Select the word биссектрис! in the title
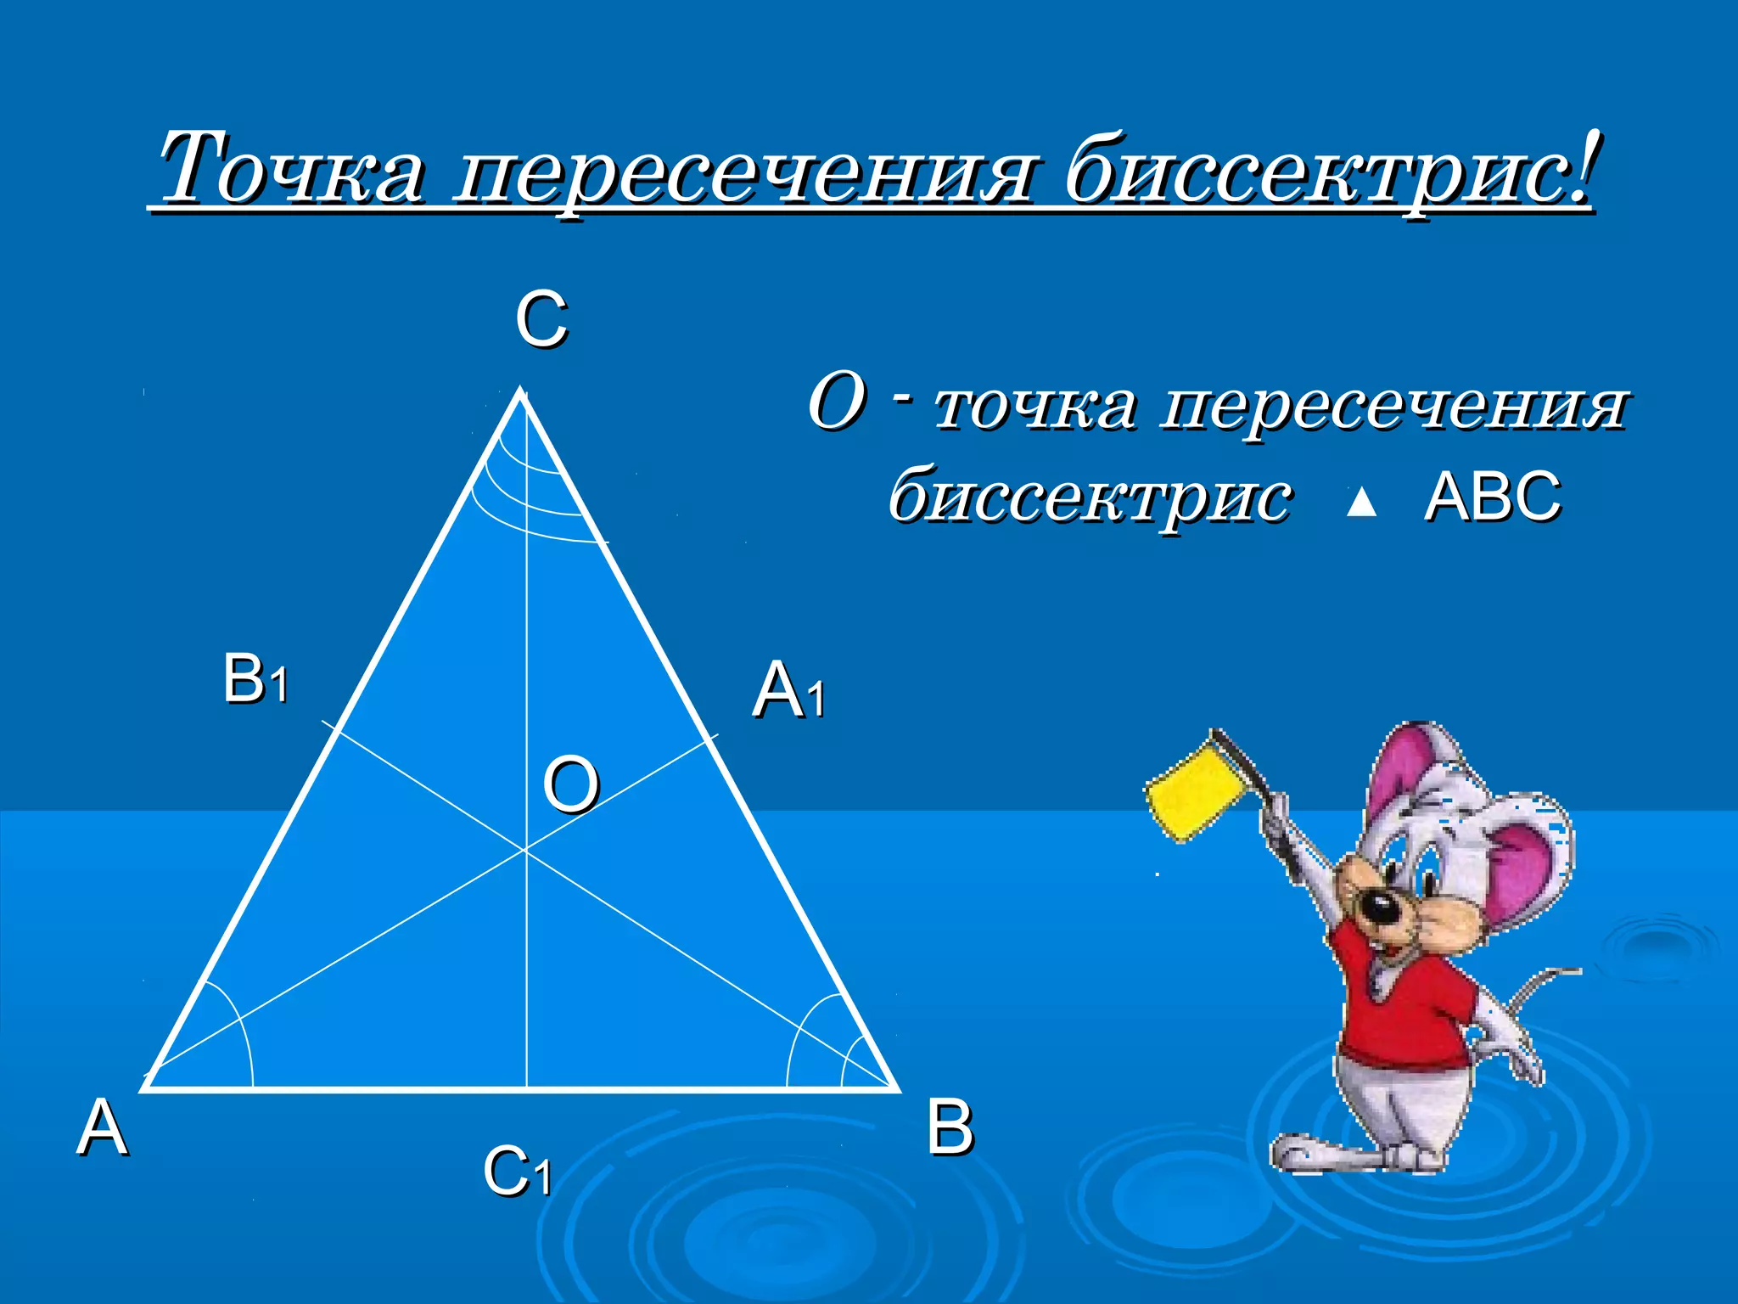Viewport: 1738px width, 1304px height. (x=1329, y=170)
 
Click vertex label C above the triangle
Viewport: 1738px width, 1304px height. (x=541, y=319)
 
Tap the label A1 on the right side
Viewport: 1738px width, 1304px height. (x=788, y=691)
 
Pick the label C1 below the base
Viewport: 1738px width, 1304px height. (x=517, y=1172)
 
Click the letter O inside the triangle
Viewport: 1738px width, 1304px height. (x=571, y=785)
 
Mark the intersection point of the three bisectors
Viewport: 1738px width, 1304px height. (x=526, y=848)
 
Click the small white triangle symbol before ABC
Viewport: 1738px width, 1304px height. (x=1361, y=503)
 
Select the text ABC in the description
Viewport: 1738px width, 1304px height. (x=1493, y=496)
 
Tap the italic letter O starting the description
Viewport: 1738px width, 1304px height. (x=837, y=402)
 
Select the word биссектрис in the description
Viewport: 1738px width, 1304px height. (x=1090, y=497)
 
